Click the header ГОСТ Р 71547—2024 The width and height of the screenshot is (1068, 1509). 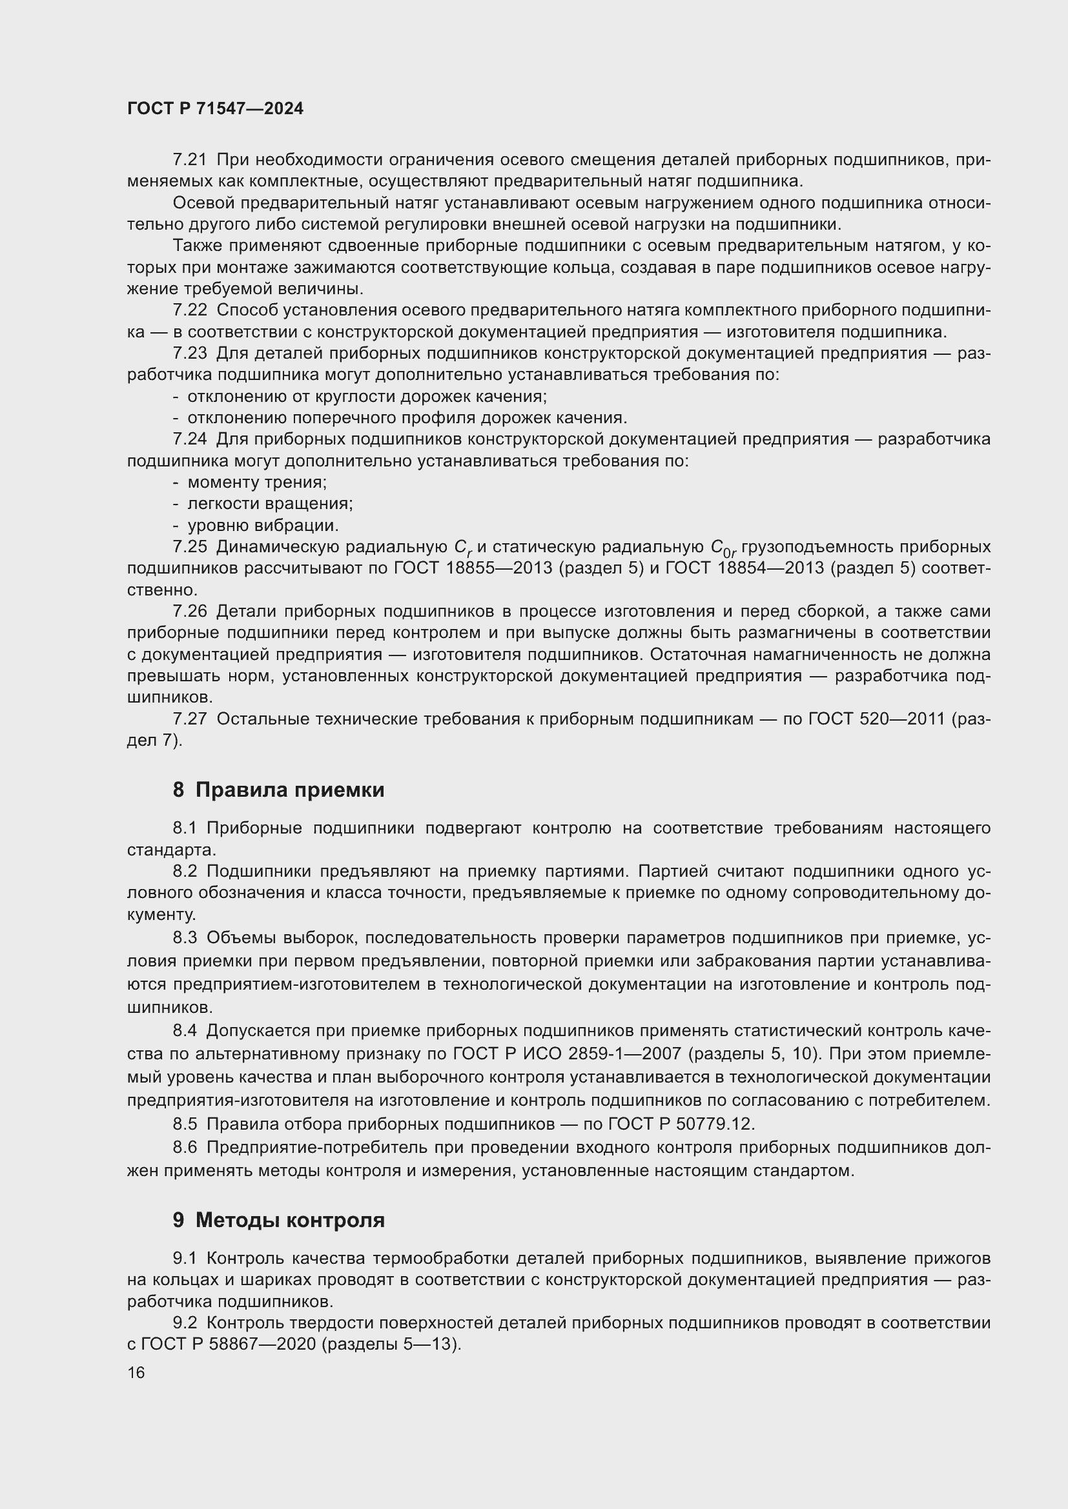tap(215, 109)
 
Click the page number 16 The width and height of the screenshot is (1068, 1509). tap(136, 1372)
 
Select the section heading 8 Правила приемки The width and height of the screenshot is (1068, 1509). tap(278, 789)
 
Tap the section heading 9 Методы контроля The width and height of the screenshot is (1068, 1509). tap(278, 1221)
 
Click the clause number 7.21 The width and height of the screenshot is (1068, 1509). tap(189, 160)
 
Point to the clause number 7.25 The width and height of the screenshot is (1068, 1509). tap(189, 547)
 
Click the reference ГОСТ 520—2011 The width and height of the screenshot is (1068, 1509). tap(877, 719)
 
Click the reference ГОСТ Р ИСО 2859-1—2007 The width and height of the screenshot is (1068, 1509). tap(568, 1054)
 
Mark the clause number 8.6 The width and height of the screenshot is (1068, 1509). tap(185, 1148)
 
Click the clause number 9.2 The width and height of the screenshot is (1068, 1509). tap(185, 1323)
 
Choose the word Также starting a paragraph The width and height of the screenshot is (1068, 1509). tap(195, 246)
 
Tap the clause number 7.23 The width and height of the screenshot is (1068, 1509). tap(189, 354)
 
